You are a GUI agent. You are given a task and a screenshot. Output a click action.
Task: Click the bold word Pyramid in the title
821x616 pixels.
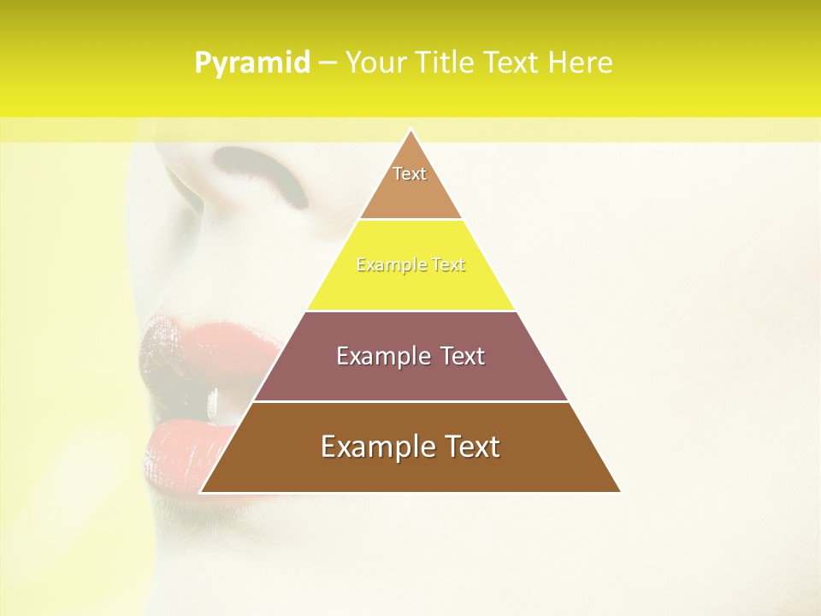[x=252, y=63]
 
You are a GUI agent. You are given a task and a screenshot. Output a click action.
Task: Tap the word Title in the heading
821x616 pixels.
[x=447, y=63]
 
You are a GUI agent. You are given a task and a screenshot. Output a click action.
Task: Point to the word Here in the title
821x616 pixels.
[x=580, y=63]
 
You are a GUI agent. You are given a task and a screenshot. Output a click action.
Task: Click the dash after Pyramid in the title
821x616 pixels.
[x=328, y=63]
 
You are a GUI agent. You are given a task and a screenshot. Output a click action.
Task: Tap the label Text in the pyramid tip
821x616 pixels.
[x=410, y=174]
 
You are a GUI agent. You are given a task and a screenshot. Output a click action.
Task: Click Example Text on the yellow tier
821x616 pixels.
[x=410, y=265]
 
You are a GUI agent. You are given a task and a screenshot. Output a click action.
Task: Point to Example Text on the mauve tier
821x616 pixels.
[x=410, y=356]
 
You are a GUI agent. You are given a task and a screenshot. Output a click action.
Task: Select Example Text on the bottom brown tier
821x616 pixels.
[x=410, y=447]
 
